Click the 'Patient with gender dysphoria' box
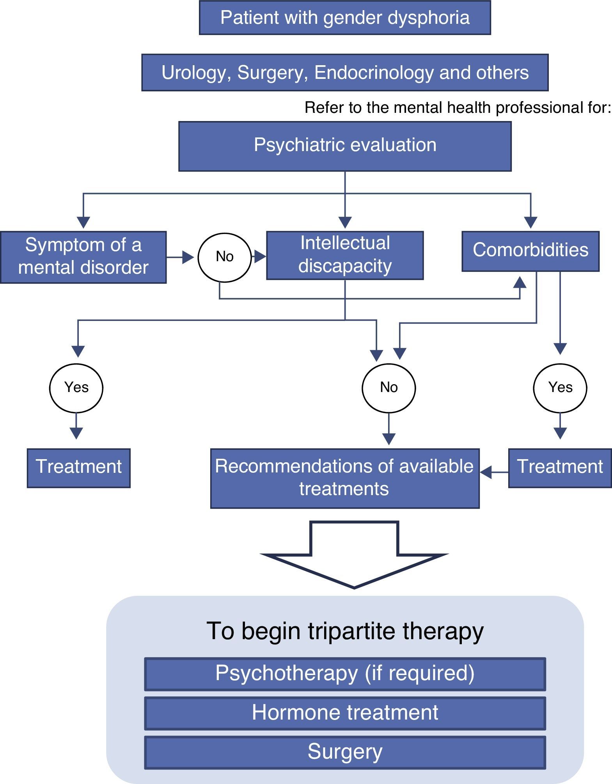(x=345, y=18)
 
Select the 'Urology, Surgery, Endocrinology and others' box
(x=345, y=73)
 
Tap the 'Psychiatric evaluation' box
(x=345, y=146)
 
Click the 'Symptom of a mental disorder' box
(x=83, y=257)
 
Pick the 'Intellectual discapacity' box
(x=345, y=255)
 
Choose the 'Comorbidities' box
(x=530, y=251)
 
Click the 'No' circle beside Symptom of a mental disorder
(x=225, y=257)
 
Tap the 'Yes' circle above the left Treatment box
(x=76, y=388)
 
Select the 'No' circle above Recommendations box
(x=389, y=388)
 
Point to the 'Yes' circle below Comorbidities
(x=560, y=388)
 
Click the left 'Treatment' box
(x=78, y=468)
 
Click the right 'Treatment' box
(x=560, y=468)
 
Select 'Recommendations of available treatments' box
(x=345, y=478)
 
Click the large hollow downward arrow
(x=354, y=554)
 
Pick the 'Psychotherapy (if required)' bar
(x=345, y=674)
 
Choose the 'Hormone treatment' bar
(x=345, y=713)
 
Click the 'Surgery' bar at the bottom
(x=345, y=753)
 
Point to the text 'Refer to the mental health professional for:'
(x=458, y=107)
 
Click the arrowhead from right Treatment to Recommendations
(x=486, y=472)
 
